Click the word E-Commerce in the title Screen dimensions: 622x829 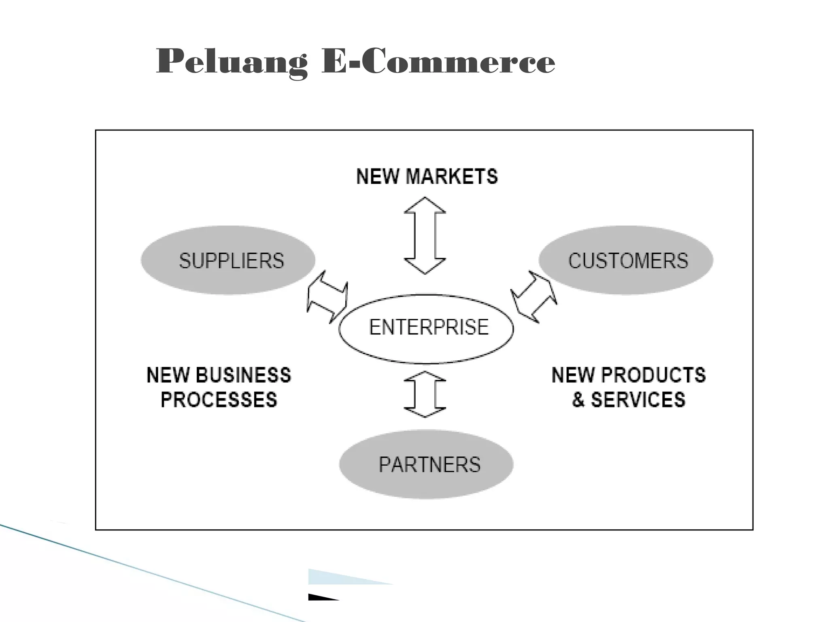pos(438,62)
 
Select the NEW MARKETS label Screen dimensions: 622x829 pos(427,177)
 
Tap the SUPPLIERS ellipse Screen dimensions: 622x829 pos(228,260)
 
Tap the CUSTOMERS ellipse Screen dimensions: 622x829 pos(626,260)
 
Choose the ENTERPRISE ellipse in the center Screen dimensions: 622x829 pos(426,328)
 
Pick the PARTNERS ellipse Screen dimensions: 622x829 pos(426,464)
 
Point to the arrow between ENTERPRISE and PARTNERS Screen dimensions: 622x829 pos(425,394)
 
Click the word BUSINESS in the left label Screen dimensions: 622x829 pos(244,375)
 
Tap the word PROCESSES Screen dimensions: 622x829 pos(219,400)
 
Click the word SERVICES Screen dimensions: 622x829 pos(638,400)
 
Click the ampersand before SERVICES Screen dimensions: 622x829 pos(578,400)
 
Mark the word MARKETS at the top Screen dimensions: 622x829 pos(452,177)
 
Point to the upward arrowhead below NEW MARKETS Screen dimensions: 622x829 pos(425,205)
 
